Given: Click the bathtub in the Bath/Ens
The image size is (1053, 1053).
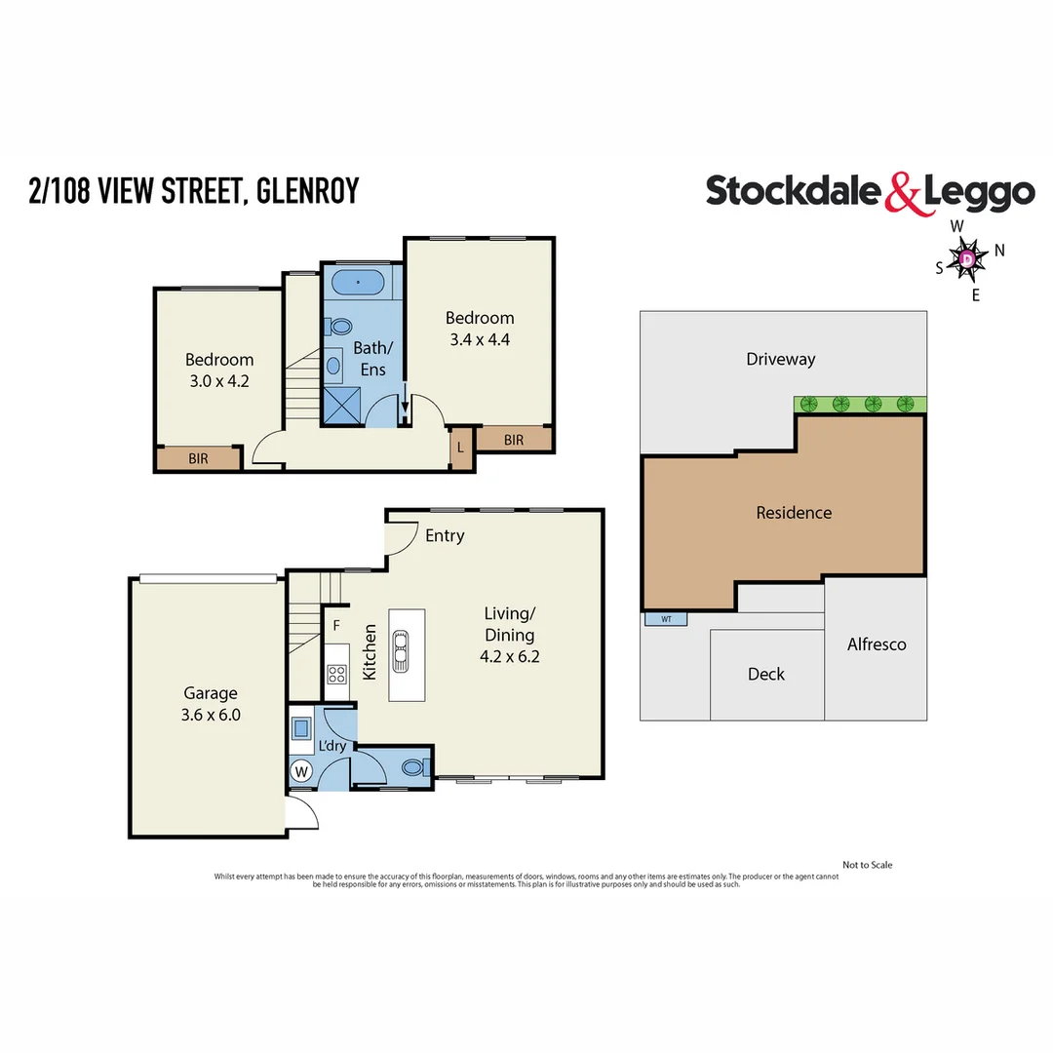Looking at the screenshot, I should click(x=359, y=283).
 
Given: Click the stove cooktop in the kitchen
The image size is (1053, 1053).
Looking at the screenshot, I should click(x=337, y=673).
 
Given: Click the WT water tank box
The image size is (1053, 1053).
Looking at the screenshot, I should click(x=666, y=619).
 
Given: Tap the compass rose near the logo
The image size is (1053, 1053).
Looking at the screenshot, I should click(x=967, y=259).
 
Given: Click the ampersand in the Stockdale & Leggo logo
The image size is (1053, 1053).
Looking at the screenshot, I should click(x=902, y=193).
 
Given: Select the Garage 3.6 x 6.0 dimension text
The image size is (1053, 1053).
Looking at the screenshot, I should click(x=211, y=715).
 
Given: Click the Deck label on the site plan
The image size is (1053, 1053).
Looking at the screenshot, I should click(x=765, y=674).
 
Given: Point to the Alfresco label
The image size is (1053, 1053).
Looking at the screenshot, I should click(x=877, y=644).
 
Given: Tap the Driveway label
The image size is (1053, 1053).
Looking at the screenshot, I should click(x=780, y=359).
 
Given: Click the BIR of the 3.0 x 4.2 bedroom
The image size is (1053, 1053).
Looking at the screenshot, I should click(x=198, y=458).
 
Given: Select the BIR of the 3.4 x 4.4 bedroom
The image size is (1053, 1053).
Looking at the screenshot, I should click(x=514, y=440).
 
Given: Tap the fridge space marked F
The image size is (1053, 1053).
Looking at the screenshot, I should click(x=336, y=625).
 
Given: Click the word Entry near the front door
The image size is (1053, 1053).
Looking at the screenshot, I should click(x=445, y=535).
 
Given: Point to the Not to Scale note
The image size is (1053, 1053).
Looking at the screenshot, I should click(x=867, y=865).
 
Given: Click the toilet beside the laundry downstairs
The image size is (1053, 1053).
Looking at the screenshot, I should click(x=412, y=767).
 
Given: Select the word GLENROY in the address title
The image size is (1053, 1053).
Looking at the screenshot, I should click(x=310, y=190).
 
